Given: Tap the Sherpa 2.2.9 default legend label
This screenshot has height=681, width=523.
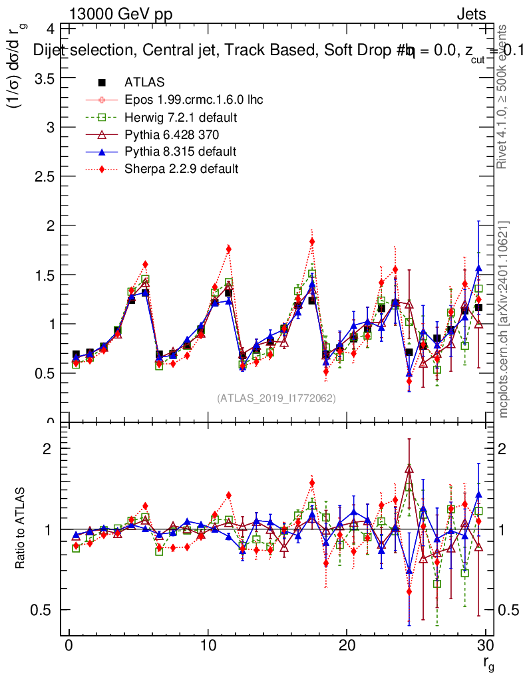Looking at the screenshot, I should [182, 169].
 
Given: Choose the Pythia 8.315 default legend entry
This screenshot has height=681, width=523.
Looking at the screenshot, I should [180, 152].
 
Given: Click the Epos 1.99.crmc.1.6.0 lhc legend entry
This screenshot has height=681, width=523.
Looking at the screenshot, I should [194, 100].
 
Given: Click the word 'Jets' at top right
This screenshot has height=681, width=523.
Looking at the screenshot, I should [471, 14].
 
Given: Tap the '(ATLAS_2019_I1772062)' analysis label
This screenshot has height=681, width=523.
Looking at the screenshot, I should [276, 398].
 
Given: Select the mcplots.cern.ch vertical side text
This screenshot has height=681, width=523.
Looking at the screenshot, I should [504, 320].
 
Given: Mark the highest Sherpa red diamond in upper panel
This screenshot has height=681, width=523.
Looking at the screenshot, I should [312, 241].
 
